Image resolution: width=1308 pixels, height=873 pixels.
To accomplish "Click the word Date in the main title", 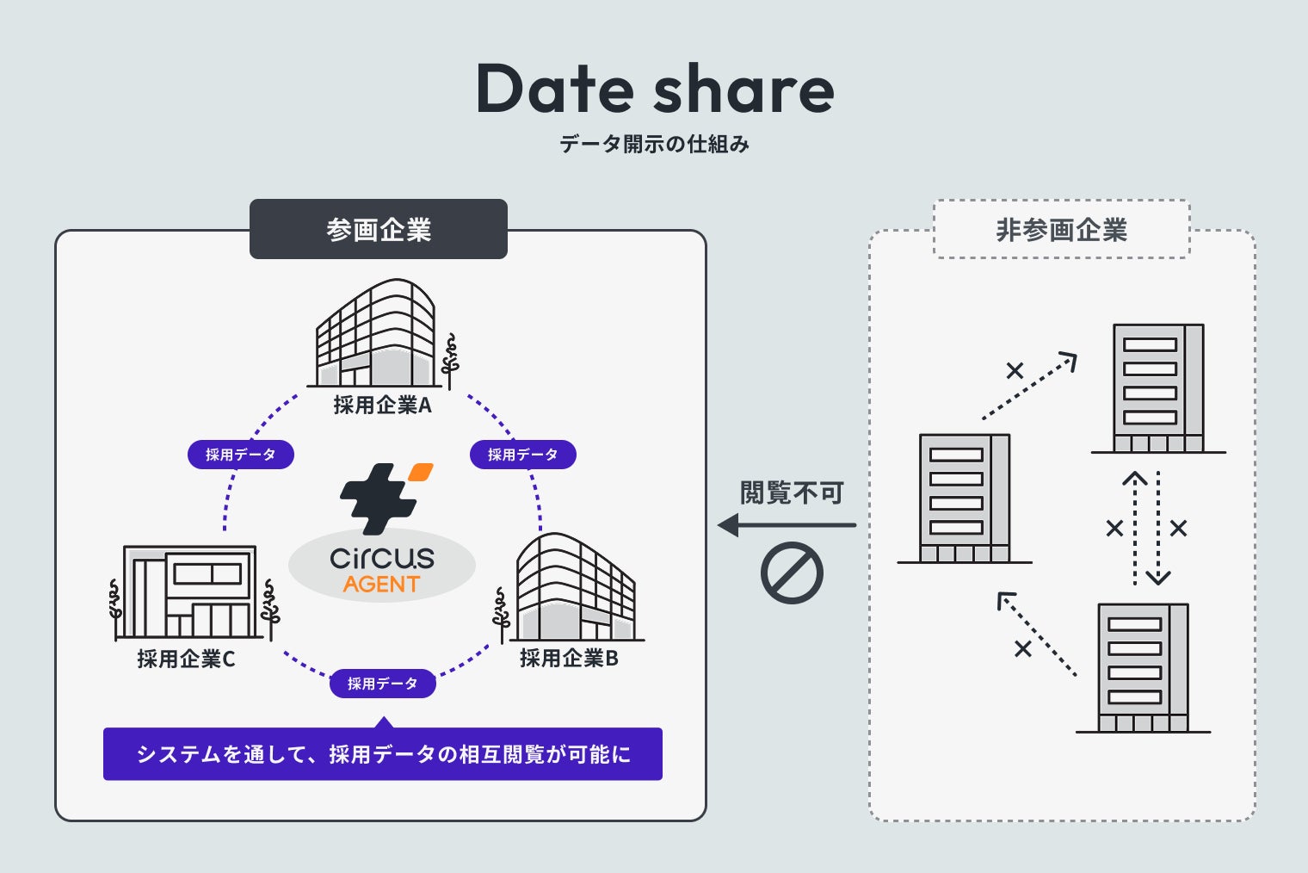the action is pos(555,89).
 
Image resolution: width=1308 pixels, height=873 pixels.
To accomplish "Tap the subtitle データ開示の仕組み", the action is pos(654,144).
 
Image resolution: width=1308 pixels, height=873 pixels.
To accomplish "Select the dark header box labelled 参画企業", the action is pos(379,229).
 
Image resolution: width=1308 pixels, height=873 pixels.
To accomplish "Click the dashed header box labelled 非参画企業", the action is pos(1061,229).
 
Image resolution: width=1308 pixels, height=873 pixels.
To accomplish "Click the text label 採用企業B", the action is pos(569,659).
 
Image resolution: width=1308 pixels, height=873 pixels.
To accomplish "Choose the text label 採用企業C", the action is pos(186,659).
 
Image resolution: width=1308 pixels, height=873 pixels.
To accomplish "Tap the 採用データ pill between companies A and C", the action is pos(241,455).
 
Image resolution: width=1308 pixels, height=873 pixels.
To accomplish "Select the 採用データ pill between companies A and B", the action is pos(522,455).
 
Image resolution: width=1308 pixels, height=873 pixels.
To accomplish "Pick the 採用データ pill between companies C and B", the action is pos(382,684).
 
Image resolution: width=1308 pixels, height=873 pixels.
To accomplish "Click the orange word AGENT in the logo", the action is pos(381,585).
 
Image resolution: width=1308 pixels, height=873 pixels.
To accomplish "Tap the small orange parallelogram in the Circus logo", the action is pos(421,472).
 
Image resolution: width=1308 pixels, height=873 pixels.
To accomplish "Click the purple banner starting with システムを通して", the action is pos(383,754).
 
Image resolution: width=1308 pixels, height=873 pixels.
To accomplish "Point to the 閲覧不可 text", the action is pos(792,493).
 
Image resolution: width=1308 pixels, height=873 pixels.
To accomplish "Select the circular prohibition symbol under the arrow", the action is pos(792,573).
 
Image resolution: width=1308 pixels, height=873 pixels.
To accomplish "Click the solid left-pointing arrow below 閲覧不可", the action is pos(787,525).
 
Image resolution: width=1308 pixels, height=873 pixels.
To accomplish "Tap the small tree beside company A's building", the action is pos(449,361).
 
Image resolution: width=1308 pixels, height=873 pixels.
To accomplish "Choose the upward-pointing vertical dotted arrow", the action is pos(1135,525).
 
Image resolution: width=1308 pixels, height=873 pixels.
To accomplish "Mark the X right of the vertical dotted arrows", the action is pos(1178,528).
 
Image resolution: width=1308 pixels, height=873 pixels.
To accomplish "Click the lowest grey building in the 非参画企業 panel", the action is pos(1143,667).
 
